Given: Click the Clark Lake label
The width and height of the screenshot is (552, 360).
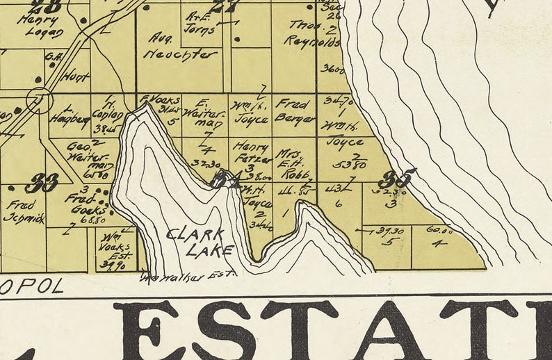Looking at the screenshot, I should click(201, 242).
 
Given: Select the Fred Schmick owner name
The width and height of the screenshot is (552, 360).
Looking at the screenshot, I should click(24, 212).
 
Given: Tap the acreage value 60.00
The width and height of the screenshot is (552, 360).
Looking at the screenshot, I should click(438, 230).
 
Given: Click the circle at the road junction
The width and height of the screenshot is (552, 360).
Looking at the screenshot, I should click(40, 101).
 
